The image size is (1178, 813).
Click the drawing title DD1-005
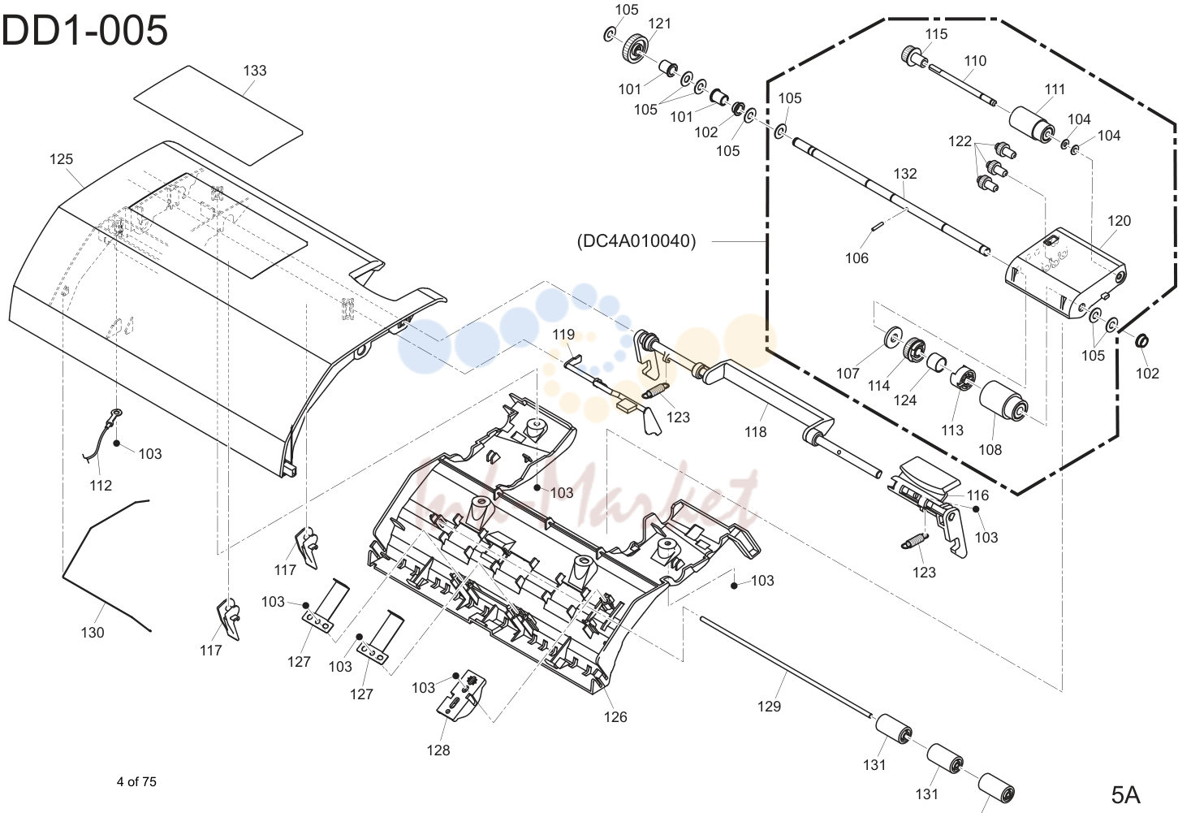tap(84, 31)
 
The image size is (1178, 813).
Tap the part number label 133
tap(255, 71)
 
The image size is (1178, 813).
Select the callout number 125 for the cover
tap(61, 159)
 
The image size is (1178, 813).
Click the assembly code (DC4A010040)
tap(636, 241)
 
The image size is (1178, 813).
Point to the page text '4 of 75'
tap(136, 782)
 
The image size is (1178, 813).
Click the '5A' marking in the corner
tap(1125, 795)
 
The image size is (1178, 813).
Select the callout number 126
tap(615, 716)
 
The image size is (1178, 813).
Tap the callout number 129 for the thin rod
tap(769, 706)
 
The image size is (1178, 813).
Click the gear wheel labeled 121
tap(634, 49)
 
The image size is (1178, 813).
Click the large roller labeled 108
tap(1003, 401)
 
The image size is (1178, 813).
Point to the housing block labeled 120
tap(1065, 274)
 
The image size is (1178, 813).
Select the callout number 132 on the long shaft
tap(905, 174)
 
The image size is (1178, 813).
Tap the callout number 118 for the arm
tap(755, 431)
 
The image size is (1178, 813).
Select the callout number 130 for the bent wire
tap(93, 632)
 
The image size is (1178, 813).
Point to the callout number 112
tap(101, 485)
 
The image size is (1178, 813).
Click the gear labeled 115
tap(913, 56)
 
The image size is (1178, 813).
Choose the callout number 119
tap(563, 334)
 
